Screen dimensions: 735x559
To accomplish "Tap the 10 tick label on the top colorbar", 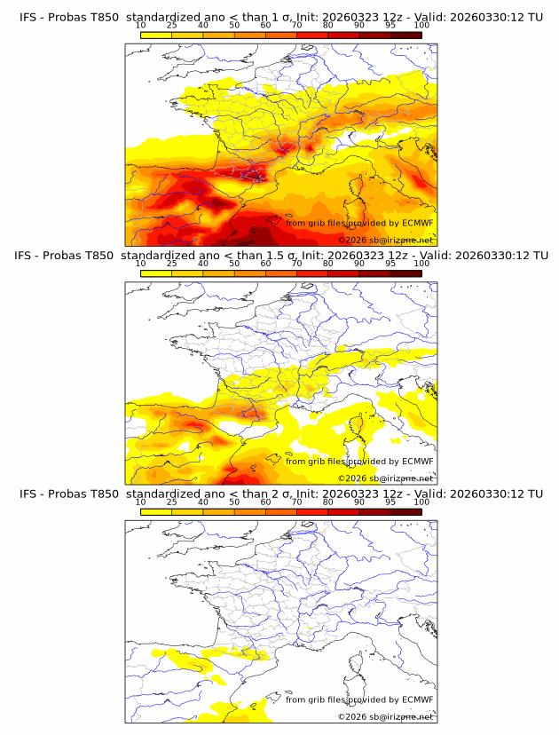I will (140, 26).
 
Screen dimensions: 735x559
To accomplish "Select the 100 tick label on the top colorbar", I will (421, 26).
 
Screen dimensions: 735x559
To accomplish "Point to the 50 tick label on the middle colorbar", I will (234, 264).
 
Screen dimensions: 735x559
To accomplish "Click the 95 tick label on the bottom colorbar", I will (390, 502).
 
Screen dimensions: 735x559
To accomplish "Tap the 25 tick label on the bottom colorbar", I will (172, 502).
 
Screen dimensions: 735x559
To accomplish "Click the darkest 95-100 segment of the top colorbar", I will (405, 35).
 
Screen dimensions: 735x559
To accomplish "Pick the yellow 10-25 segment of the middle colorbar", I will (156, 273).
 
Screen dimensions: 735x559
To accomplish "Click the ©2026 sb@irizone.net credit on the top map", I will (386, 241).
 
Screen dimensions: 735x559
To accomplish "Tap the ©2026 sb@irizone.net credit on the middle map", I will (386, 478).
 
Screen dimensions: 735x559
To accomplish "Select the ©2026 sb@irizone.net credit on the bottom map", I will (386, 715).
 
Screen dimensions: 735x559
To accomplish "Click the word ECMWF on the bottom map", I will (417, 699).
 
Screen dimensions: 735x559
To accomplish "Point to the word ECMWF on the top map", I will (417, 223).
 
